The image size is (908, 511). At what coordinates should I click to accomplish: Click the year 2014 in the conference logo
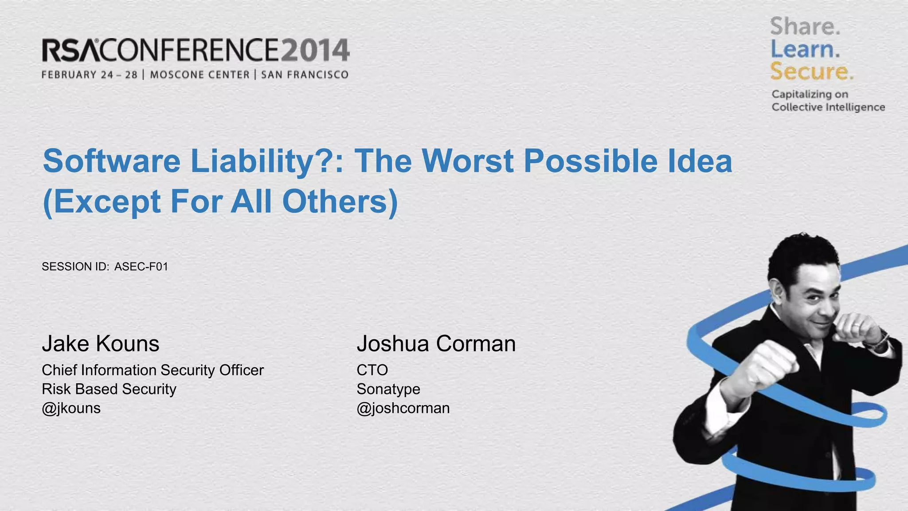(x=315, y=50)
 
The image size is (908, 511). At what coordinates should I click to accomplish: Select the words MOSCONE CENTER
(x=200, y=75)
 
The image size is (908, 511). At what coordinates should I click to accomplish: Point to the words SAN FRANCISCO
(x=305, y=75)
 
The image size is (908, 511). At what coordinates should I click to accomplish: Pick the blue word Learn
(x=805, y=49)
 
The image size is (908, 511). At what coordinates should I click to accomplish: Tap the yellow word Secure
(x=811, y=71)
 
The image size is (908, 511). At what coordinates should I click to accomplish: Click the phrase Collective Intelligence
(x=828, y=107)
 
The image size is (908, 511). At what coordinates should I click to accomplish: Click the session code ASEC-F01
(x=141, y=267)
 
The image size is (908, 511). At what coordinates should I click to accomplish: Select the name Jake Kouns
(x=101, y=344)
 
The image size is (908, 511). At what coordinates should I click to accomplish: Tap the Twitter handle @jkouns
(x=71, y=408)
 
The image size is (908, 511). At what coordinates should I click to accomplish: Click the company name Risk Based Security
(x=109, y=389)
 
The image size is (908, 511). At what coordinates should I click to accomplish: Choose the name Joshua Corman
(x=436, y=344)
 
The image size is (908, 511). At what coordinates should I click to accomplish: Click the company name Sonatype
(x=388, y=389)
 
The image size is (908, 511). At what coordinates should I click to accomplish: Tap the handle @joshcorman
(x=403, y=408)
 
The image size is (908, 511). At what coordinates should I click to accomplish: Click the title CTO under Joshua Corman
(x=372, y=370)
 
